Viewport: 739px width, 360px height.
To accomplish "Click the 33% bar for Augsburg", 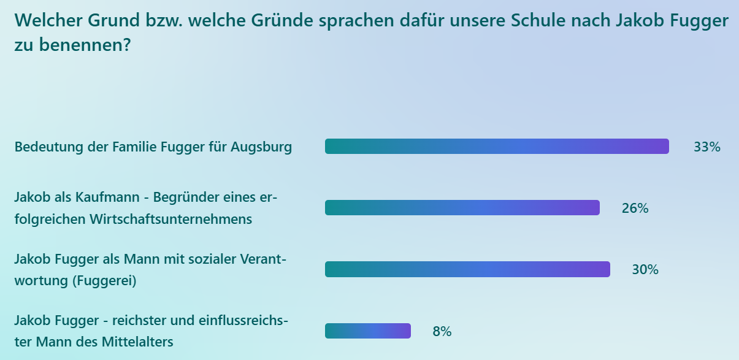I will pyautogui.click(x=497, y=147).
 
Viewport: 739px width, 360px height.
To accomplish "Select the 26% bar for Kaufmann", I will pyautogui.click(x=462, y=208).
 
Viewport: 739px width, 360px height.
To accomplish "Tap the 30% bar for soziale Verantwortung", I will pyautogui.click(x=467, y=269).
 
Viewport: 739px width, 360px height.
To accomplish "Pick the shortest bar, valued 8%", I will pyautogui.click(x=368, y=331).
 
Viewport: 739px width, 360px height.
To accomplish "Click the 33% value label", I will pyautogui.click(x=706, y=147).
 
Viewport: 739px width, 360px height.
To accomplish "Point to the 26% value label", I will pyautogui.click(x=635, y=209).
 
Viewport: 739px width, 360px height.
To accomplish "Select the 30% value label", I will pyautogui.click(x=645, y=270).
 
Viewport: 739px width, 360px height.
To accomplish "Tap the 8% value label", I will pyautogui.click(x=442, y=332).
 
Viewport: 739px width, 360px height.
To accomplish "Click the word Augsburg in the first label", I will pyautogui.click(x=262, y=148).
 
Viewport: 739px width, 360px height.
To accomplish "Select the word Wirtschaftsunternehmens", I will pyautogui.click(x=171, y=219).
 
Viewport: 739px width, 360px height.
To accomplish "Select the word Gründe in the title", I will pyautogui.click(x=286, y=21).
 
